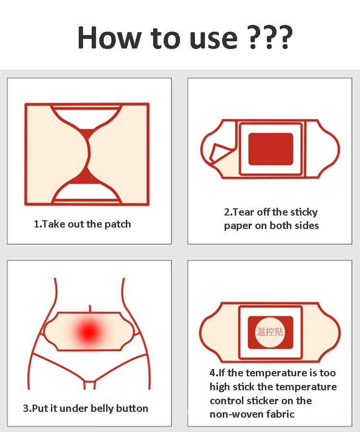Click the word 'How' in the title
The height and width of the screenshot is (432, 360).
pos(109,37)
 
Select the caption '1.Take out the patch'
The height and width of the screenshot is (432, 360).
pos(83,224)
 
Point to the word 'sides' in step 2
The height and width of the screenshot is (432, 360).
pos(307,226)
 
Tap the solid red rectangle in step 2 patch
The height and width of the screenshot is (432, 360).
pos(271,149)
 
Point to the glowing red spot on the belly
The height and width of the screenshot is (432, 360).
pos(89,332)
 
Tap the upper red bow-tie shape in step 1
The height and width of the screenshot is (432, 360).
pos(87,134)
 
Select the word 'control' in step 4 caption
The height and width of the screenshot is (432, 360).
pos(227,400)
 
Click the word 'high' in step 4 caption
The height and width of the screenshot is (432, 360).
pos(220,387)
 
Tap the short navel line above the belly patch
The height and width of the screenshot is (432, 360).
pos(90,308)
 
